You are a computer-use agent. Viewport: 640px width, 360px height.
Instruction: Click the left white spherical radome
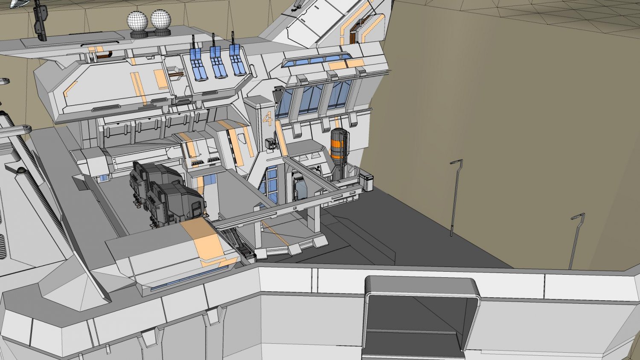(x=137, y=20)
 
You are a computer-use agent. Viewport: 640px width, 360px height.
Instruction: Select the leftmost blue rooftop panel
(x=196, y=64)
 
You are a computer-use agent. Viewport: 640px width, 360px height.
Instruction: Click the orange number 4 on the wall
(x=268, y=119)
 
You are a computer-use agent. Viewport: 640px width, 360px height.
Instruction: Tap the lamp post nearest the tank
(x=455, y=196)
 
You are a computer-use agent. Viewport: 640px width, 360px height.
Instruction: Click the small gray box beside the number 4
(x=270, y=144)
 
